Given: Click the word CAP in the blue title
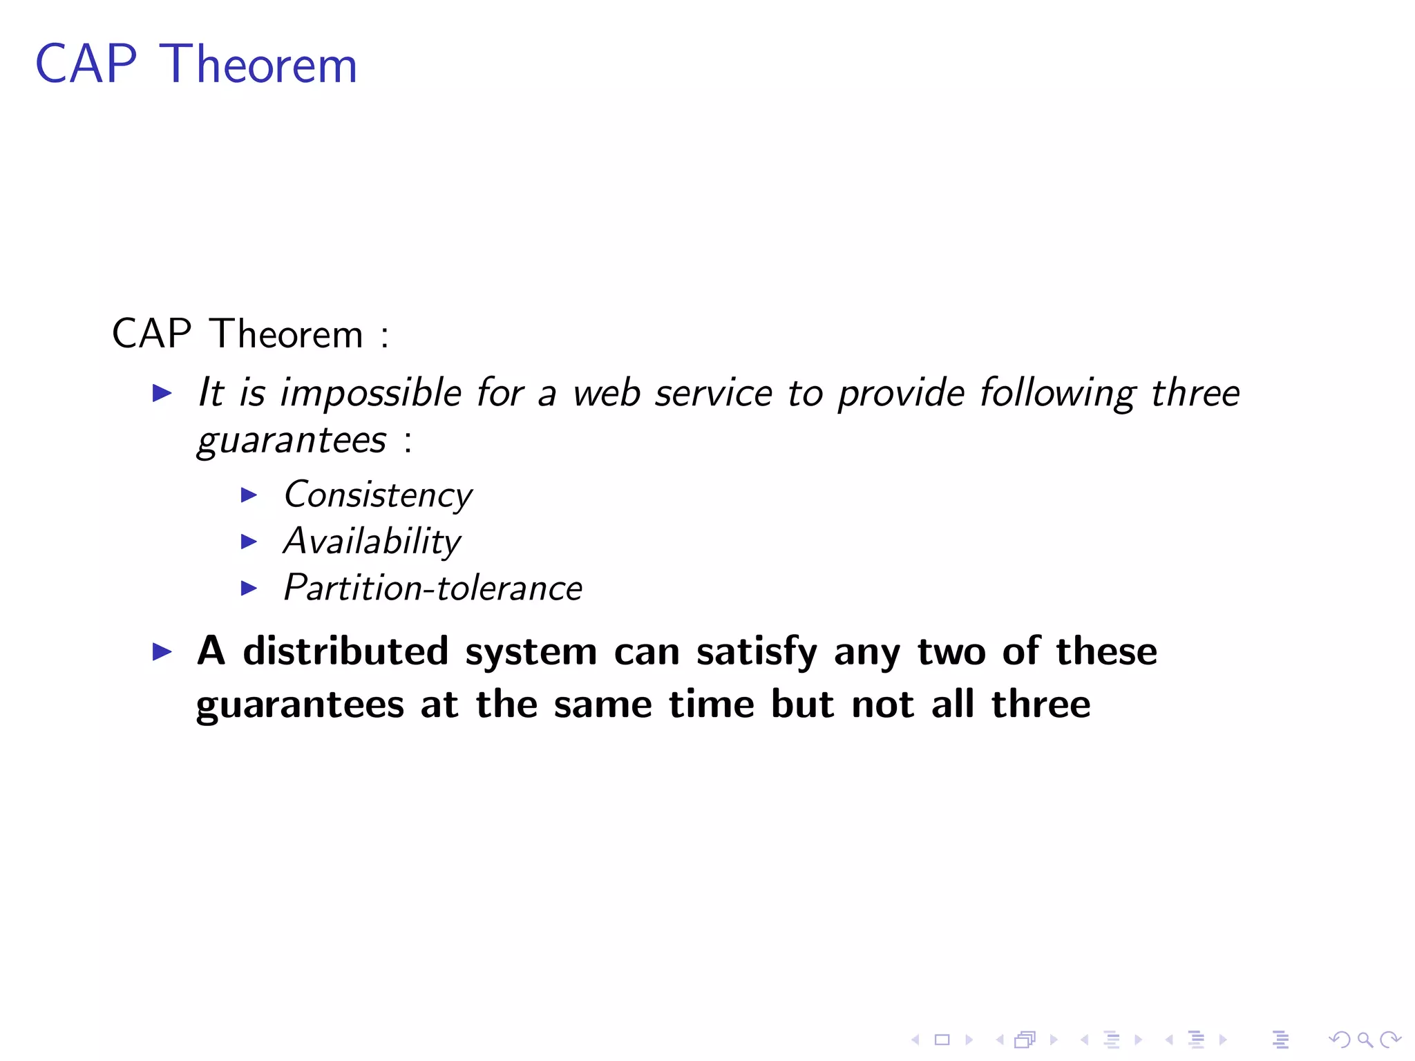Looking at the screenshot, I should [x=86, y=64].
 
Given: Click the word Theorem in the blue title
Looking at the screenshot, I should [x=258, y=64].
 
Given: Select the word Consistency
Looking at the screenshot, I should [x=378, y=495].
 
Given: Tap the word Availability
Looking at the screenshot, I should [x=372, y=542].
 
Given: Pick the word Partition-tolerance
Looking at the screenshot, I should [x=433, y=588].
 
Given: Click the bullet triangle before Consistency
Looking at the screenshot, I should [x=249, y=495].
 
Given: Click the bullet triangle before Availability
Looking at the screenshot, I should [x=249, y=542].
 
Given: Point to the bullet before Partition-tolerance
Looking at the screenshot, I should [x=249, y=588].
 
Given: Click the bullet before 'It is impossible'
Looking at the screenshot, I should [x=162, y=393].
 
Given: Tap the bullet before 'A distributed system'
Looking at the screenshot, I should [x=162, y=651].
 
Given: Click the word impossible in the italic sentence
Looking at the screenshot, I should [x=370, y=394].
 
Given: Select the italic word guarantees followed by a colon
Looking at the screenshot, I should [x=292, y=441].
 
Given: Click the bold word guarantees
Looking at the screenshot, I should [x=300, y=705].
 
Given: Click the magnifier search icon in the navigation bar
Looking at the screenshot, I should [x=1365, y=1039].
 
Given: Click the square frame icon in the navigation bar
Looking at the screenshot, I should [x=942, y=1040].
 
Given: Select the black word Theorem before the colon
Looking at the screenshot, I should [x=286, y=334].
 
